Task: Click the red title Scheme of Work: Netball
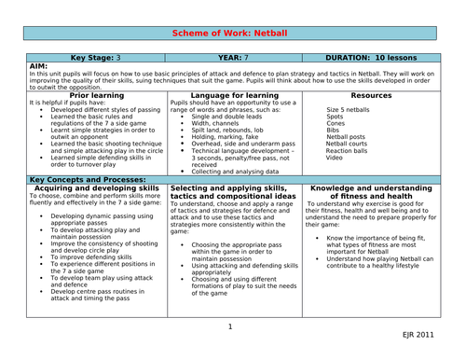(233, 33)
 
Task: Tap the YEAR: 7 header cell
(232, 56)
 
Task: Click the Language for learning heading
(232, 94)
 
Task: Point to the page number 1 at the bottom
(231, 326)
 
